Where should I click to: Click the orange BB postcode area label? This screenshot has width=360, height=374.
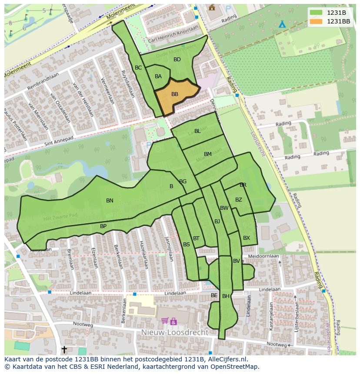point(174,94)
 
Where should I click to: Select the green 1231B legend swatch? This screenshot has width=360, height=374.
point(316,13)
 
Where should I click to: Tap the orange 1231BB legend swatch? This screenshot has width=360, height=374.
point(316,21)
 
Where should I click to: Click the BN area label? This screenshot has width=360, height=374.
point(110,201)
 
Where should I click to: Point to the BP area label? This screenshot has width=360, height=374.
point(103,226)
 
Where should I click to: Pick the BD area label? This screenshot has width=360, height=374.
point(177,60)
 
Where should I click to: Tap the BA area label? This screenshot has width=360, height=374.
point(158,76)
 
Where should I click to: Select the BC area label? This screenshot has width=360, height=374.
point(138,68)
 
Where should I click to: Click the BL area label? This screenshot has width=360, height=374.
point(197,131)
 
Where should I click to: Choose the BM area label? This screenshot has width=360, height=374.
point(208,154)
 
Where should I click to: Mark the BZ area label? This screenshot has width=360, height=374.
point(238,200)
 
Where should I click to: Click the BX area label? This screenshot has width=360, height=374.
point(247,238)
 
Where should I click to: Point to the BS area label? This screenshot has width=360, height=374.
point(186,245)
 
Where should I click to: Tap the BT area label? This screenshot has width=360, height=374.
point(196,238)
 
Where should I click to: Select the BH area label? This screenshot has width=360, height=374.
point(226,296)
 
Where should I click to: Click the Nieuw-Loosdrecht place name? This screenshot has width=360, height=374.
point(175,332)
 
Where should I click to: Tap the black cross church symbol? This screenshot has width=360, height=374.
point(64,349)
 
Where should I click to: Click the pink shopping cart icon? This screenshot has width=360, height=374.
point(165,321)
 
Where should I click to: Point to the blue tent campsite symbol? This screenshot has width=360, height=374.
point(282,24)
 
